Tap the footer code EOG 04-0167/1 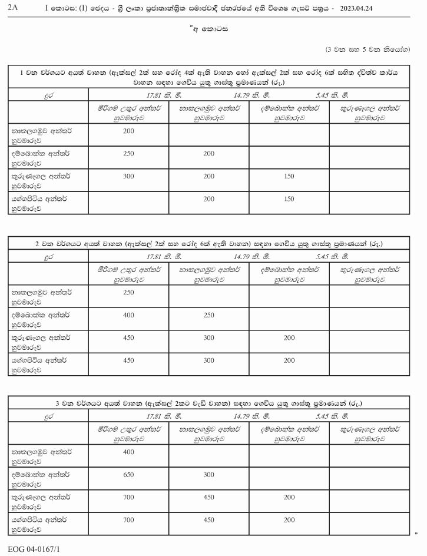click(x=34, y=548)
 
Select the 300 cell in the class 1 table click(x=129, y=176)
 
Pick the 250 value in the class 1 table click(x=129, y=153)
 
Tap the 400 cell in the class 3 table click(x=129, y=452)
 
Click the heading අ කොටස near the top click(x=214, y=30)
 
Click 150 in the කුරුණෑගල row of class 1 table click(x=289, y=176)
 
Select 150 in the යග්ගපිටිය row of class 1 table click(x=289, y=199)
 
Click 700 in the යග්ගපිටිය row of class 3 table click(x=129, y=520)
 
